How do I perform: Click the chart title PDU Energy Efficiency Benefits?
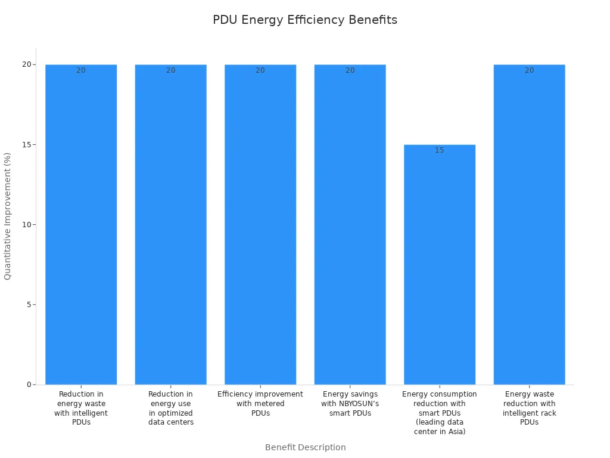pos(304,20)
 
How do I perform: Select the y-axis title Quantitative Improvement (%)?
pos(8,216)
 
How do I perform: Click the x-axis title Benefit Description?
pos(305,447)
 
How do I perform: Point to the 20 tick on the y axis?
pos(27,64)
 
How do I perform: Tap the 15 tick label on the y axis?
pos(27,144)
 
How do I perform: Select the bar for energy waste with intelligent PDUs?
pos(81,227)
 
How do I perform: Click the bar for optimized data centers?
pos(171,227)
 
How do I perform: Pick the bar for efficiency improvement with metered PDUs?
pos(260,227)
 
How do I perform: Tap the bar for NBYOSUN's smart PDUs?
pos(350,227)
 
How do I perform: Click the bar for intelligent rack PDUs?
pos(529,227)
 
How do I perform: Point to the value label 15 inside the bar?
pos(440,150)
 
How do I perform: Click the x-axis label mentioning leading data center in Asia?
pos(440,413)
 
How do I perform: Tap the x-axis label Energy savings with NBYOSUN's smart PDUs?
pos(350,404)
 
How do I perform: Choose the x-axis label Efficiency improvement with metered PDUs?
pos(260,404)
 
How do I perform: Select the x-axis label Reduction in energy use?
pos(171,408)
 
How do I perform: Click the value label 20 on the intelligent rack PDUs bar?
pos(529,70)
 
